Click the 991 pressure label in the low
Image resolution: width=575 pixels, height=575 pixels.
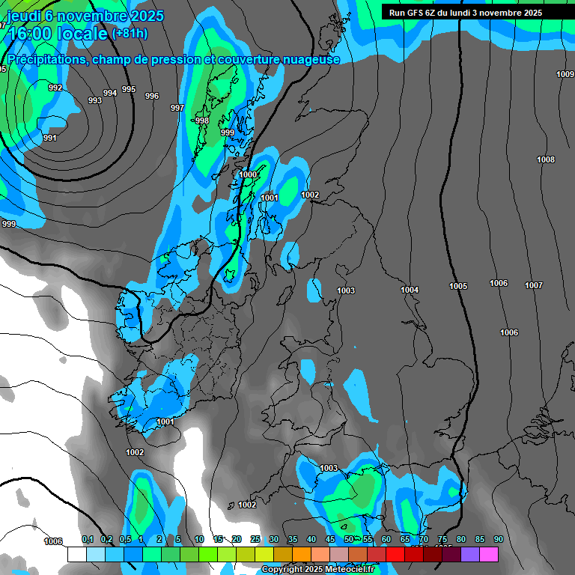point(50,138)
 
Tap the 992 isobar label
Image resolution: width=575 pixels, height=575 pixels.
point(55,88)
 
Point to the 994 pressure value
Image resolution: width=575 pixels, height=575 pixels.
point(110,93)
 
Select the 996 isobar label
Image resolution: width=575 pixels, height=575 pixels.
point(152,96)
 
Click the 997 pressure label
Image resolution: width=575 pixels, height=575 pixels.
point(177,109)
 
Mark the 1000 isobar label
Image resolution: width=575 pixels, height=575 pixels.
point(248,174)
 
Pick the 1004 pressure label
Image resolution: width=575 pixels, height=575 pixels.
point(410,290)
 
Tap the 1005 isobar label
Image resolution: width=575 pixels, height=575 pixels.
point(458,287)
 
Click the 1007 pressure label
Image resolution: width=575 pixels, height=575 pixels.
point(534,285)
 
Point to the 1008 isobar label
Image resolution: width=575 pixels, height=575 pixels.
point(546,159)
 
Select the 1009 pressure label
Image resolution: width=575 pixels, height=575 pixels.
point(565,74)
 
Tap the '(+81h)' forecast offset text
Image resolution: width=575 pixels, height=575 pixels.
point(129,34)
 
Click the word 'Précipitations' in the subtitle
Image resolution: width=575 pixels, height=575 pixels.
point(46,59)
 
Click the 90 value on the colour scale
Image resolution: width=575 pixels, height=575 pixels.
point(498,539)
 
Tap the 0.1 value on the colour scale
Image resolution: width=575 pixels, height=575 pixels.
point(88,539)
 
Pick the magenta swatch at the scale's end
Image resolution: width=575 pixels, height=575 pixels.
point(489,554)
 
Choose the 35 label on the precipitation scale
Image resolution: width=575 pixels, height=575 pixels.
point(292,539)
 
